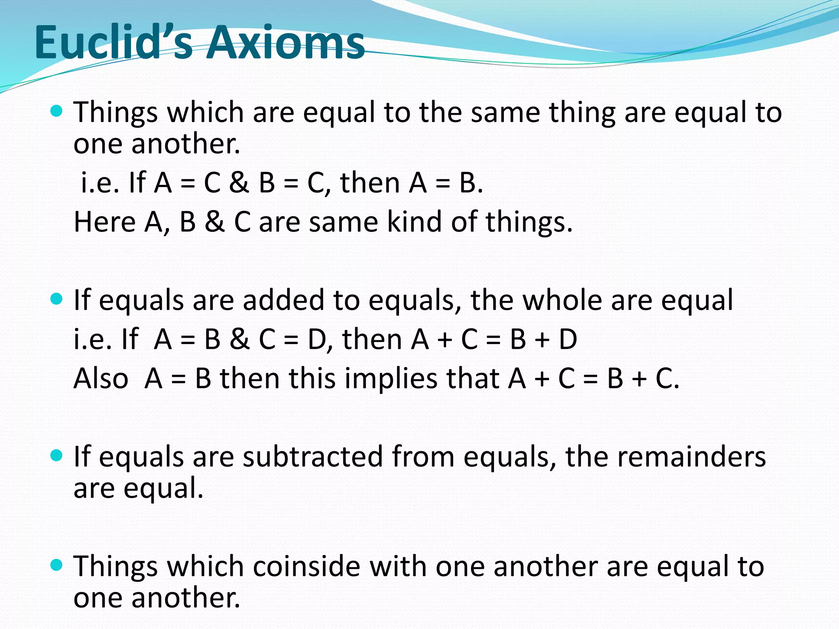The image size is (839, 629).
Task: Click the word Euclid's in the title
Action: click(113, 43)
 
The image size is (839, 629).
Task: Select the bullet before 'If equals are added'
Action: click(56, 299)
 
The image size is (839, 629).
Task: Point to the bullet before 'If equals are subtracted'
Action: click(56, 455)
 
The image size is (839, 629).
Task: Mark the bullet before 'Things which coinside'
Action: click(56, 565)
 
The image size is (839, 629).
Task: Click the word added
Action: click(283, 300)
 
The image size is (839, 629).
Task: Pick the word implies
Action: click(390, 378)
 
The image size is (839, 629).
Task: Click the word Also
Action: click(100, 378)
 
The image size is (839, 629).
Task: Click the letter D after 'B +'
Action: click(568, 339)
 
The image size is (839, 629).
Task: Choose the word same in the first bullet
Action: click(505, 112)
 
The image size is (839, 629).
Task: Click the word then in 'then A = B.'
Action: click(370, 183)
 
